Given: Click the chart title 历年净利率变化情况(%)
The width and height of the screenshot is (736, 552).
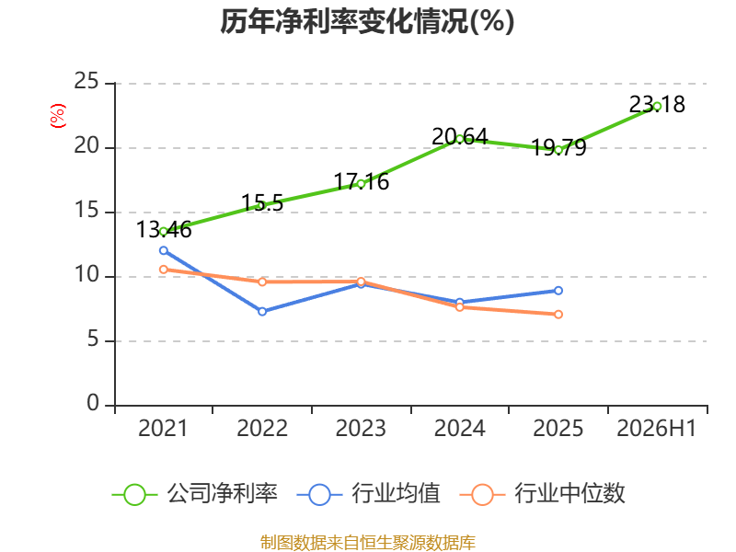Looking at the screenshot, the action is tap(367, 21).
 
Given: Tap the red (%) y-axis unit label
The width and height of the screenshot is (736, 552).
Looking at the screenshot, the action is tap(58, 116).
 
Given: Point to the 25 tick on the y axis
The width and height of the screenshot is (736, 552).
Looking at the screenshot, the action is tap(86, 81).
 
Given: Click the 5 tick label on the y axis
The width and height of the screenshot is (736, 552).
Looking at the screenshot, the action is tap(93, 339).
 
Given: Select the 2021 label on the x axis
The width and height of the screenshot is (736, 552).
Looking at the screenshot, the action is tap(163, 428).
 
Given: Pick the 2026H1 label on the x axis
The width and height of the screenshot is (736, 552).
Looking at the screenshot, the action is tap(656, 428).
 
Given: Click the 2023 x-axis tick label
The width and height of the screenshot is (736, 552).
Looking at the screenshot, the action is tap(361, 428).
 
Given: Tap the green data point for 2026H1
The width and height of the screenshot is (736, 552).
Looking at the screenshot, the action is tap(657, 107).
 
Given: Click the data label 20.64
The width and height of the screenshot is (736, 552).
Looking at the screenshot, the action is tap(459, 136).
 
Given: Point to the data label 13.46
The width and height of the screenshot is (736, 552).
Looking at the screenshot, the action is tap(164, 229).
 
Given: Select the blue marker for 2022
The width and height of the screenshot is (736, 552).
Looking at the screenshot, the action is tap(262, 311).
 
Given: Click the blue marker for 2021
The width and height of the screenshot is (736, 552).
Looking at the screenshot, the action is tap(164, 250).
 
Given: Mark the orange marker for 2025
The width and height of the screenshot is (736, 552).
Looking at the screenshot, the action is tap(558, 315).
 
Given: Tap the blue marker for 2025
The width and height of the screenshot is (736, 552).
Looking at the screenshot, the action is tap(558, 291).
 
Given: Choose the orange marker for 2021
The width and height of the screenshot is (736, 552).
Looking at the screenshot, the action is tap(164, 270).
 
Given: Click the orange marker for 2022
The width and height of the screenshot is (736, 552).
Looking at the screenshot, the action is tap(262, 282).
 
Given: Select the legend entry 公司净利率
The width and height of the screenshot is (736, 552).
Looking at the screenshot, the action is tap(195, 494).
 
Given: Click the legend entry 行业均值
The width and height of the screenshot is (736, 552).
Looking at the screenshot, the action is tap(369, 494).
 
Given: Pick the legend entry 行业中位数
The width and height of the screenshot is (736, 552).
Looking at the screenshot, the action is tap(542, 494).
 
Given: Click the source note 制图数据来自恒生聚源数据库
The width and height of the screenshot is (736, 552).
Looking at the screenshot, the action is tap(367, 543).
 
